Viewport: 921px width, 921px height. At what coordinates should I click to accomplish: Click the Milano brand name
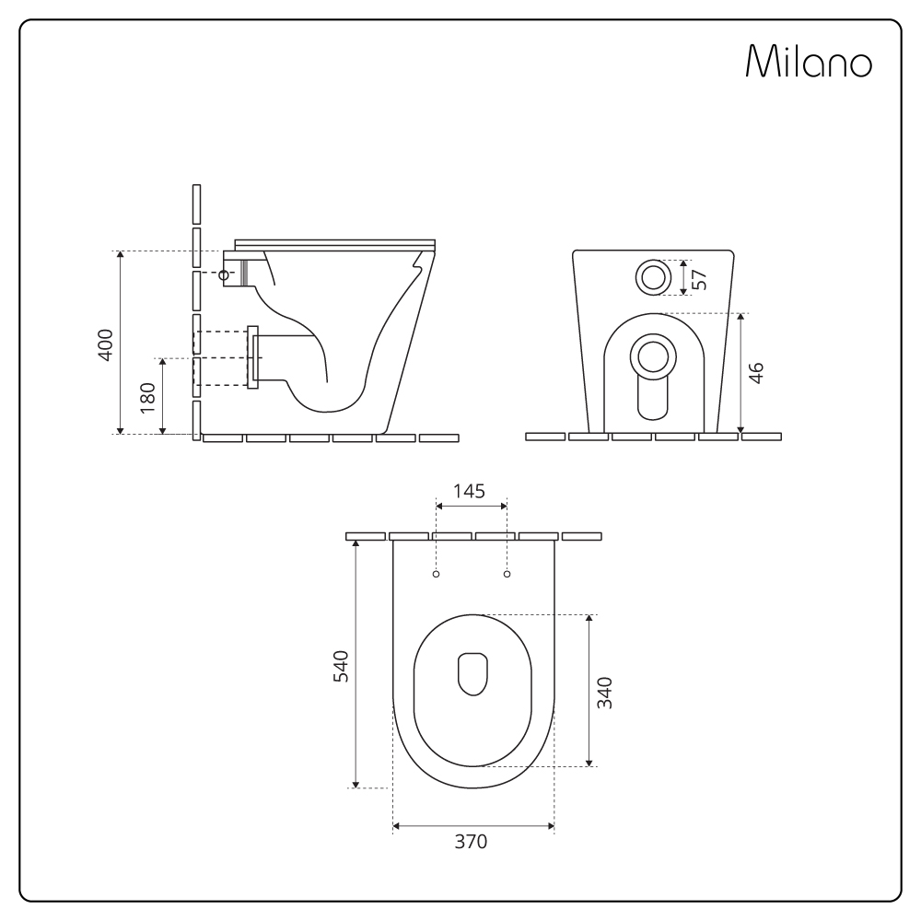coord(809,61)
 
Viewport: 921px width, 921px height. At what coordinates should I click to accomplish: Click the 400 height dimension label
coord(105,345)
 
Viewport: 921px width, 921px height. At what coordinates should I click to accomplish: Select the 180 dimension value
coord(148,397)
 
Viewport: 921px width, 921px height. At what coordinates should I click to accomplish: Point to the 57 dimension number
coord(700,280)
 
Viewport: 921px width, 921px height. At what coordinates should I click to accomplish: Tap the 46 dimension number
coord(756,373)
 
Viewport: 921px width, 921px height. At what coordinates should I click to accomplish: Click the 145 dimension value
coord(470,491)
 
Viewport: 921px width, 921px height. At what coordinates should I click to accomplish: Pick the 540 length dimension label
coord(341,666)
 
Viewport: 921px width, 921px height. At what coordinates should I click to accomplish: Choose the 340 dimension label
coord(604,693)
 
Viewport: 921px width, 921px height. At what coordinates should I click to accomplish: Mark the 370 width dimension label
coord(471,842)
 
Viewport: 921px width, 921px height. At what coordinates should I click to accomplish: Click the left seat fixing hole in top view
coord(436,574)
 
